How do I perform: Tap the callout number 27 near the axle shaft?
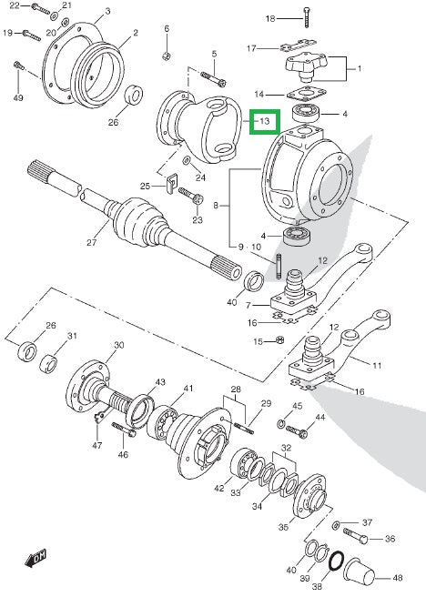[x=91, y=243]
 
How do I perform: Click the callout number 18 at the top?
[x=270, y=18]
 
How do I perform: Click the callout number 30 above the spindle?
[x=118, y=345]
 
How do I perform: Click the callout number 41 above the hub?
[x=189, y=389]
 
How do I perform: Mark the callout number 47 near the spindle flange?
[x=97, y=446]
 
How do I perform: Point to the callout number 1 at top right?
[x=358, y=69]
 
